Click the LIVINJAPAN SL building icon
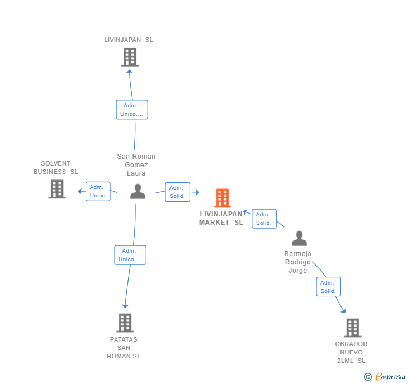click(x=130, y=57)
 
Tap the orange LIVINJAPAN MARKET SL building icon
click(x=222, y=198)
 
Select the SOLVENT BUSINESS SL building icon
click(x=56, y=189)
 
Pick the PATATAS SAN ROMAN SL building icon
click(x=125, y=323)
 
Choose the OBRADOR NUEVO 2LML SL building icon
click(x=352, y=328)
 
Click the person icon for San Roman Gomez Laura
click(x=138, y=192)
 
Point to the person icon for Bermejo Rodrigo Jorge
click(x=299, y=239)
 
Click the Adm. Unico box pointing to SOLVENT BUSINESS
click(x=98, y=191)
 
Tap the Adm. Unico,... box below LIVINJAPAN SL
click(x=132, y=110)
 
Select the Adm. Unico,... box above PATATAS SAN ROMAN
click(x=130, y=255)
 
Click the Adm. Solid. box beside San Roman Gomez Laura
click(x=177, y=192)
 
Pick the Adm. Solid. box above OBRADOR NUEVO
click(x=328, y=287)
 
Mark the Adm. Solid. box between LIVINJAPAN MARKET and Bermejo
click(x=263, y=219)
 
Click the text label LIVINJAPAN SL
click(x=129, y=40)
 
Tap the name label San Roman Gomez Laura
click(x=136, y=165)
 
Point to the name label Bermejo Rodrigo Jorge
click(x=298, y=262)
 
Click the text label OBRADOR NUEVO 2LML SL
click(x=352, y=352)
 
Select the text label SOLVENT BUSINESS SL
click(x=56, y=168)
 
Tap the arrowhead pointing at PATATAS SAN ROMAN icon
click(x=125, y=305)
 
